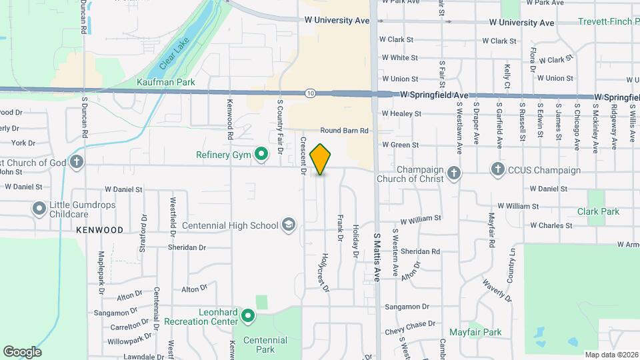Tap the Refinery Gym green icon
click(x=262, y=155)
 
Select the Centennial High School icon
click(x=288, y=225)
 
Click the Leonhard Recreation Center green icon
click(x=248, y=315)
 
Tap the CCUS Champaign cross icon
click(x=497, y=169)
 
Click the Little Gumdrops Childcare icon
click(x=39, y=209)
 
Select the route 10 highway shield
click(x=311, y=93)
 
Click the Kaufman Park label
click(x=165, y=82)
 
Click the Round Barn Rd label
click(x=344, y=131)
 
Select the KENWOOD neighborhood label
click(x=99, y=229)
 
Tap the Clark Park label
click(x=599, y=211)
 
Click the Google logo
click(x=22, y=352)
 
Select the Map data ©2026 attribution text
click(x=610, y=355)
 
